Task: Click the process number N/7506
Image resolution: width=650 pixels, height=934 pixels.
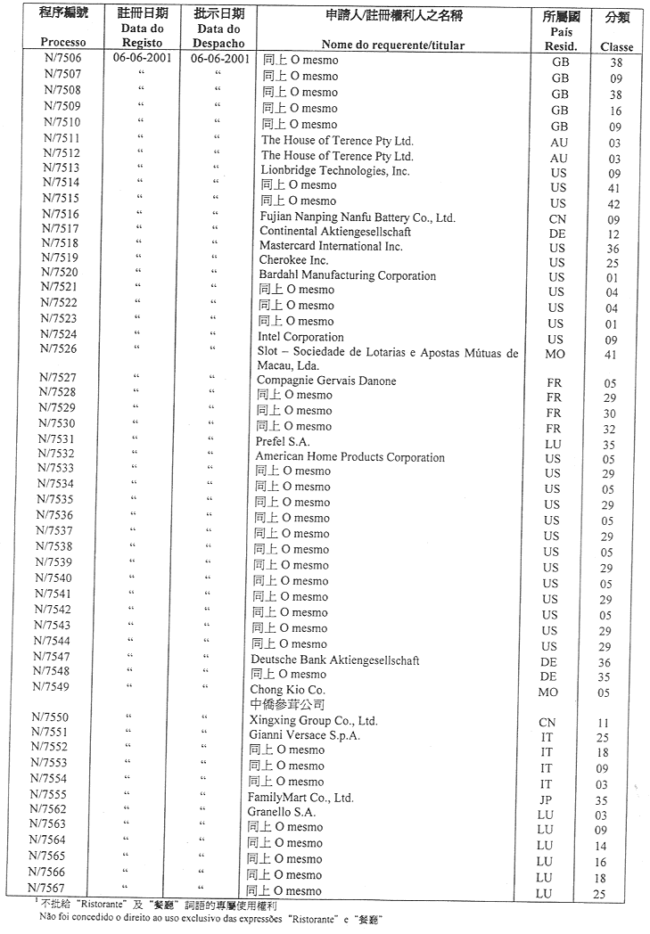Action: [x=62, y=60]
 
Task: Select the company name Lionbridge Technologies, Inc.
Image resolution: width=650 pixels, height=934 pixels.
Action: [x=335, y=170]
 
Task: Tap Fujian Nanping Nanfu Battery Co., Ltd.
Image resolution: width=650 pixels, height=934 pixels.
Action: [x=358, y=217]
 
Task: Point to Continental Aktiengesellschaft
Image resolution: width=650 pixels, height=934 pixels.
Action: [x=335, y=232]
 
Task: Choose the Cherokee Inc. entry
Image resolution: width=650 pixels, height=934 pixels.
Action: [x=294, y=259]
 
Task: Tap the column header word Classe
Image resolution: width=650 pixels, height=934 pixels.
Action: [x=617, y=46]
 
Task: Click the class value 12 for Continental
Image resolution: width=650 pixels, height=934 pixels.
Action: [x=613, y=233]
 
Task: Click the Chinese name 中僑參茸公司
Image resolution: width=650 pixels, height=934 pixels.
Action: [x=284, y=703]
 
